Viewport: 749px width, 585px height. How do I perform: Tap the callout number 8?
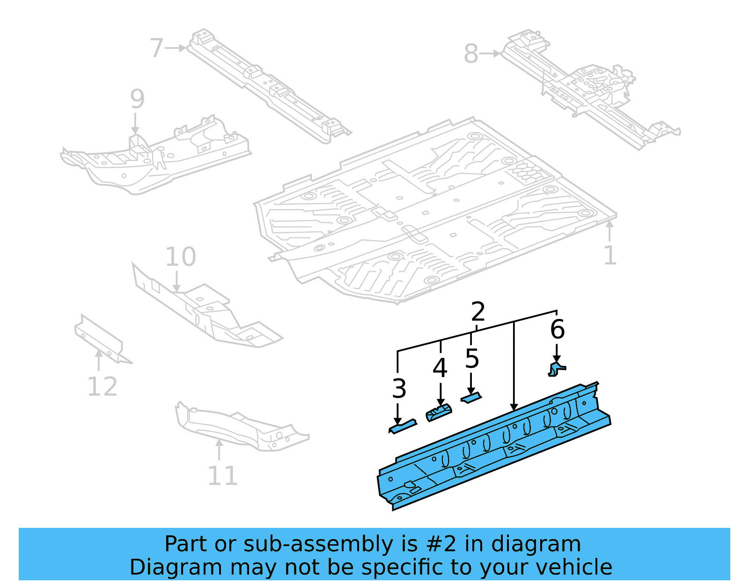coord(471,54)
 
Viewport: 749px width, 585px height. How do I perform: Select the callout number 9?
coord(137,99)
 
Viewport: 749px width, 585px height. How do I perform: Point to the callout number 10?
coord(180,257)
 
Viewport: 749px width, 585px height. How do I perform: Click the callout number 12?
coord(102,386)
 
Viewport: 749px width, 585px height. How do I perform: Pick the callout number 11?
coord(222,476)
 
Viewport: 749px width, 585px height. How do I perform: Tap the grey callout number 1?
coord(609,255)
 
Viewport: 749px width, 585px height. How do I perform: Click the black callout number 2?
coord(477,311)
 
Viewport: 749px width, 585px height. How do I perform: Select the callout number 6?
coord(557,329)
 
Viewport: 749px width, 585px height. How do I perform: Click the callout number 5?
coord(472,359)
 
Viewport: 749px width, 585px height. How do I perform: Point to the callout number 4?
coord(440,368)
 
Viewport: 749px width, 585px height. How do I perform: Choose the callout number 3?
coord(399,389)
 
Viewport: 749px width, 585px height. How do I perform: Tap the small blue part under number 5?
coord(471,398)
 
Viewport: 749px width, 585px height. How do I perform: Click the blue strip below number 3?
coord(402,426)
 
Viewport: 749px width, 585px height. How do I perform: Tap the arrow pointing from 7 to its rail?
coord(176,48)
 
